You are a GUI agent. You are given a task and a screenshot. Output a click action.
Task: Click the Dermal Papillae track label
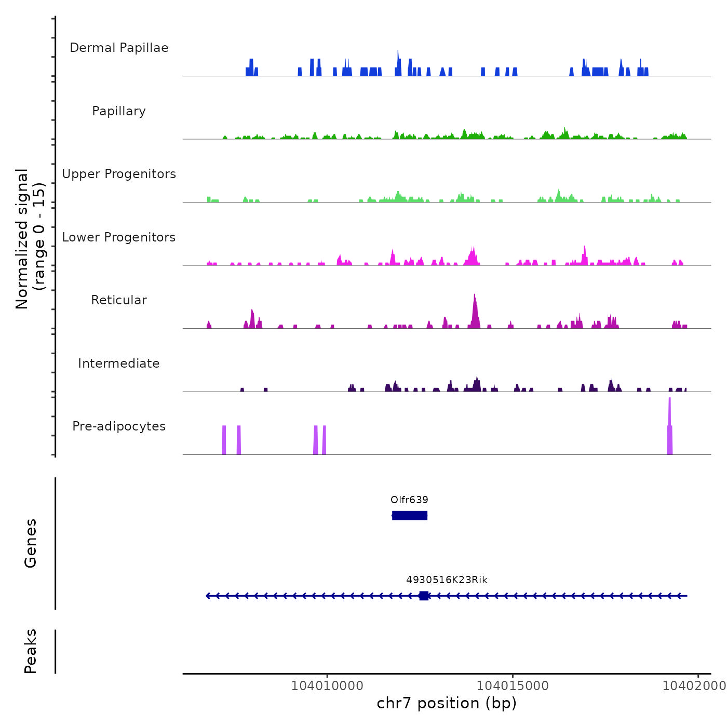119,48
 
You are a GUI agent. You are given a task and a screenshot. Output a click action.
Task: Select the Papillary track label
119,111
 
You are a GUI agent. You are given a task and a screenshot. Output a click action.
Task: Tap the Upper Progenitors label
119,174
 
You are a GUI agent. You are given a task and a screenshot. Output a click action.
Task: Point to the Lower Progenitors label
119,237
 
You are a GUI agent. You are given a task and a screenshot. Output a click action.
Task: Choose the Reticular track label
119,300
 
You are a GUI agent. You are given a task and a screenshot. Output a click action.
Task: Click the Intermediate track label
119,363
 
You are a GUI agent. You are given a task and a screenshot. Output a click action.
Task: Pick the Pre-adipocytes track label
119,426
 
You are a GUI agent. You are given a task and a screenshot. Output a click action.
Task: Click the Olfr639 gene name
409,500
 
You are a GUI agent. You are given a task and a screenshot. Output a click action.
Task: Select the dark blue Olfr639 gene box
410,515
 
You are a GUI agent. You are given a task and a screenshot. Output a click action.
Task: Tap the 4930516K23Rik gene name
447,580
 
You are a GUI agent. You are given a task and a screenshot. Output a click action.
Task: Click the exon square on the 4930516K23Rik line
424,596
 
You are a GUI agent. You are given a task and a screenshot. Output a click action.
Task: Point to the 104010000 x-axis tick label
327,686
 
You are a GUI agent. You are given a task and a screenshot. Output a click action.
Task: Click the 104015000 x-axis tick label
513,686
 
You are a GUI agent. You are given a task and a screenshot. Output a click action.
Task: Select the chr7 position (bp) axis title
447,704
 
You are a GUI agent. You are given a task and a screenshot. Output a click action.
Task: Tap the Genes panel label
31,543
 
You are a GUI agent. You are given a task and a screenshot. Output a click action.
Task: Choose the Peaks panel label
31,651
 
